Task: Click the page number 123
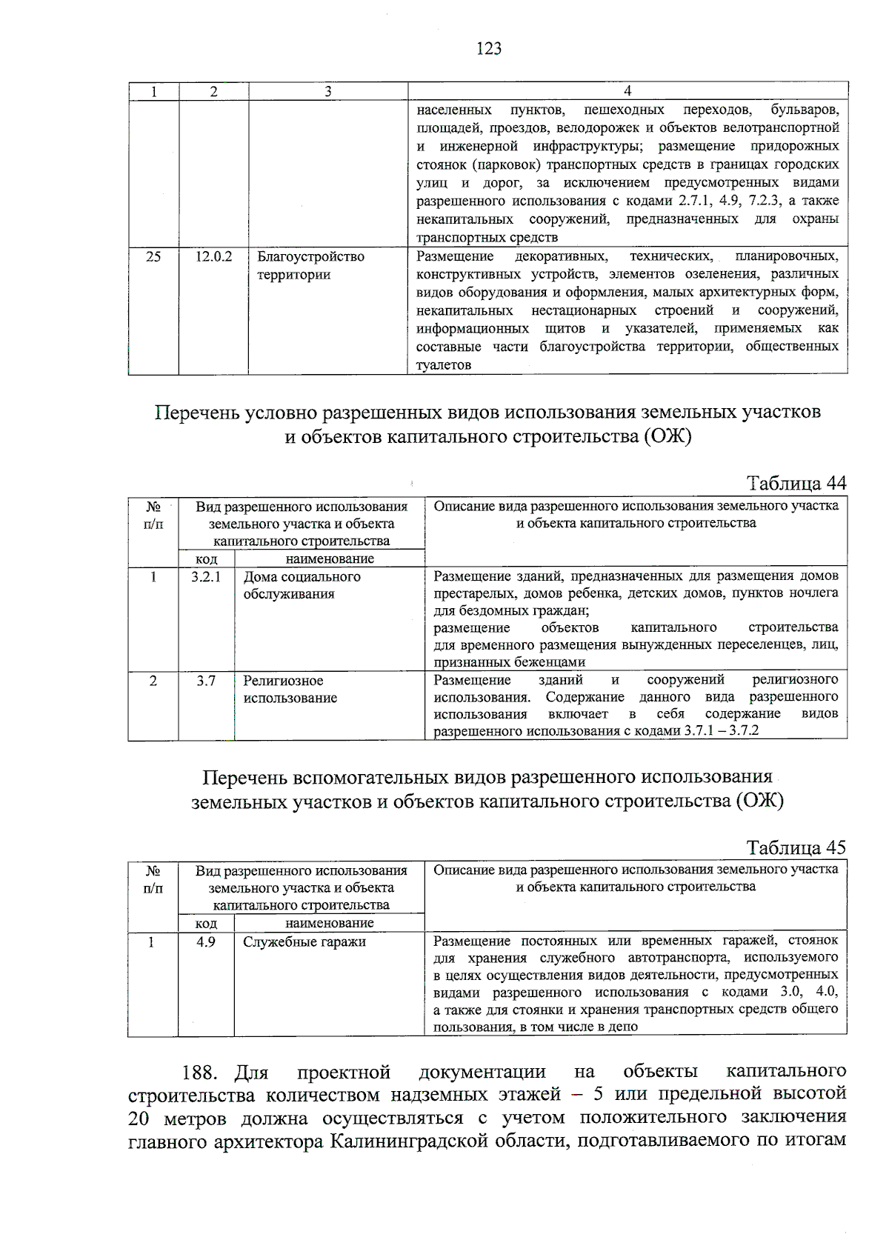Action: tap(489, 49)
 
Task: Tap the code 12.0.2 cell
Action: tap(213, 256)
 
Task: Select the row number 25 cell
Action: tap(153, 256)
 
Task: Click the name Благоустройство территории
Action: tap(310, 265)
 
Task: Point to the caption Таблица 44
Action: tap(796, 484)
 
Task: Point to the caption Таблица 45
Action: tap(796, 847)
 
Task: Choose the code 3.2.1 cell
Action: tap(206, 576)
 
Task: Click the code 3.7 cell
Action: tap(206, 680)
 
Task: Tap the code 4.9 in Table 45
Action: tap(206, 941)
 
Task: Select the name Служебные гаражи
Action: tap(304, 941)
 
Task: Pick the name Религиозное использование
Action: tap(290, 689)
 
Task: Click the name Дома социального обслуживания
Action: tap(302, 585)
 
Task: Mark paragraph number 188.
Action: tap(199, 1073)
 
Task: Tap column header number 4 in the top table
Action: tap(627, 91)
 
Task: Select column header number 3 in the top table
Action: tap(327, 91)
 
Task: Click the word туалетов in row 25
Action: tap(444, 365)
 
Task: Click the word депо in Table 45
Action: tap(622, 1027)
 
